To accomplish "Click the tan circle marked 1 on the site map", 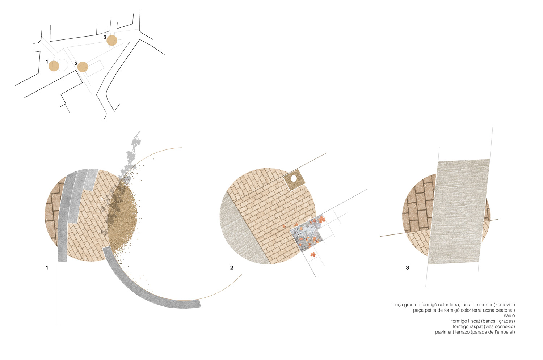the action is pos(54,66).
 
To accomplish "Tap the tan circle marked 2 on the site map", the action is pos(83,67).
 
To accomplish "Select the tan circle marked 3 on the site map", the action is pos(112,40).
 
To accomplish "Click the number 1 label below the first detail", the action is pos(47,268).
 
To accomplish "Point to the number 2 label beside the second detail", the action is pos(232,268).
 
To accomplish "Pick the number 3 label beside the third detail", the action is pos(408,268).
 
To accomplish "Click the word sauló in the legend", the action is pos(509,315).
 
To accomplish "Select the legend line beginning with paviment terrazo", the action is pos(475,332).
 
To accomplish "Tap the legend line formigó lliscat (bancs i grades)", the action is pos(483,321).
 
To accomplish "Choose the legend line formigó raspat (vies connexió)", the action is pos(484,327).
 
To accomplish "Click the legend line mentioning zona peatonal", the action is pos(464,310).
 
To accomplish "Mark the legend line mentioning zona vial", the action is pos(454,305).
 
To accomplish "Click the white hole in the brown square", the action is pos(294,179).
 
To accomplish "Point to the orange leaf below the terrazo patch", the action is pos(313,254).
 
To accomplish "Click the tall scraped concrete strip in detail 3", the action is pos(459,211).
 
